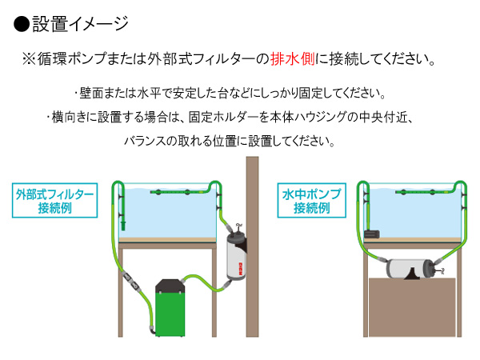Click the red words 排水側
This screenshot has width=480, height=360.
coord(292,58)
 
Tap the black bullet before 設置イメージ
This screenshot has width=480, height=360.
coord(22,24)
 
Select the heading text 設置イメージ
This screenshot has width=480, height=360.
coord(80,23)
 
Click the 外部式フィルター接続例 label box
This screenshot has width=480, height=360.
coord(54,201)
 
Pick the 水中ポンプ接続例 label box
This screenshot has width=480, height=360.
coord(312,201)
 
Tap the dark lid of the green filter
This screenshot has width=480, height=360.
coord(170,286)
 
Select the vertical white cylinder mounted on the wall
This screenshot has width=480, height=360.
coord(236,257)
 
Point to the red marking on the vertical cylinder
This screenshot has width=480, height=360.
coord(241,269)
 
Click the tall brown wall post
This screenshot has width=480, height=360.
coord(252,246)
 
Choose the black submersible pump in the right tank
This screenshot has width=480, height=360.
coord(372,234)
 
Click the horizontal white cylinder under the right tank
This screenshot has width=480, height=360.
coord(410,269)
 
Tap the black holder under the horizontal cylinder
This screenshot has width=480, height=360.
coord(412,274)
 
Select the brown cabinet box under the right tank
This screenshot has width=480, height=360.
coord(412,307)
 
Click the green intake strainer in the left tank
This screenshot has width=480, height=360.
coord(122,225)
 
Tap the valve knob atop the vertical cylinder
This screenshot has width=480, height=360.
coord(238,227)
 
